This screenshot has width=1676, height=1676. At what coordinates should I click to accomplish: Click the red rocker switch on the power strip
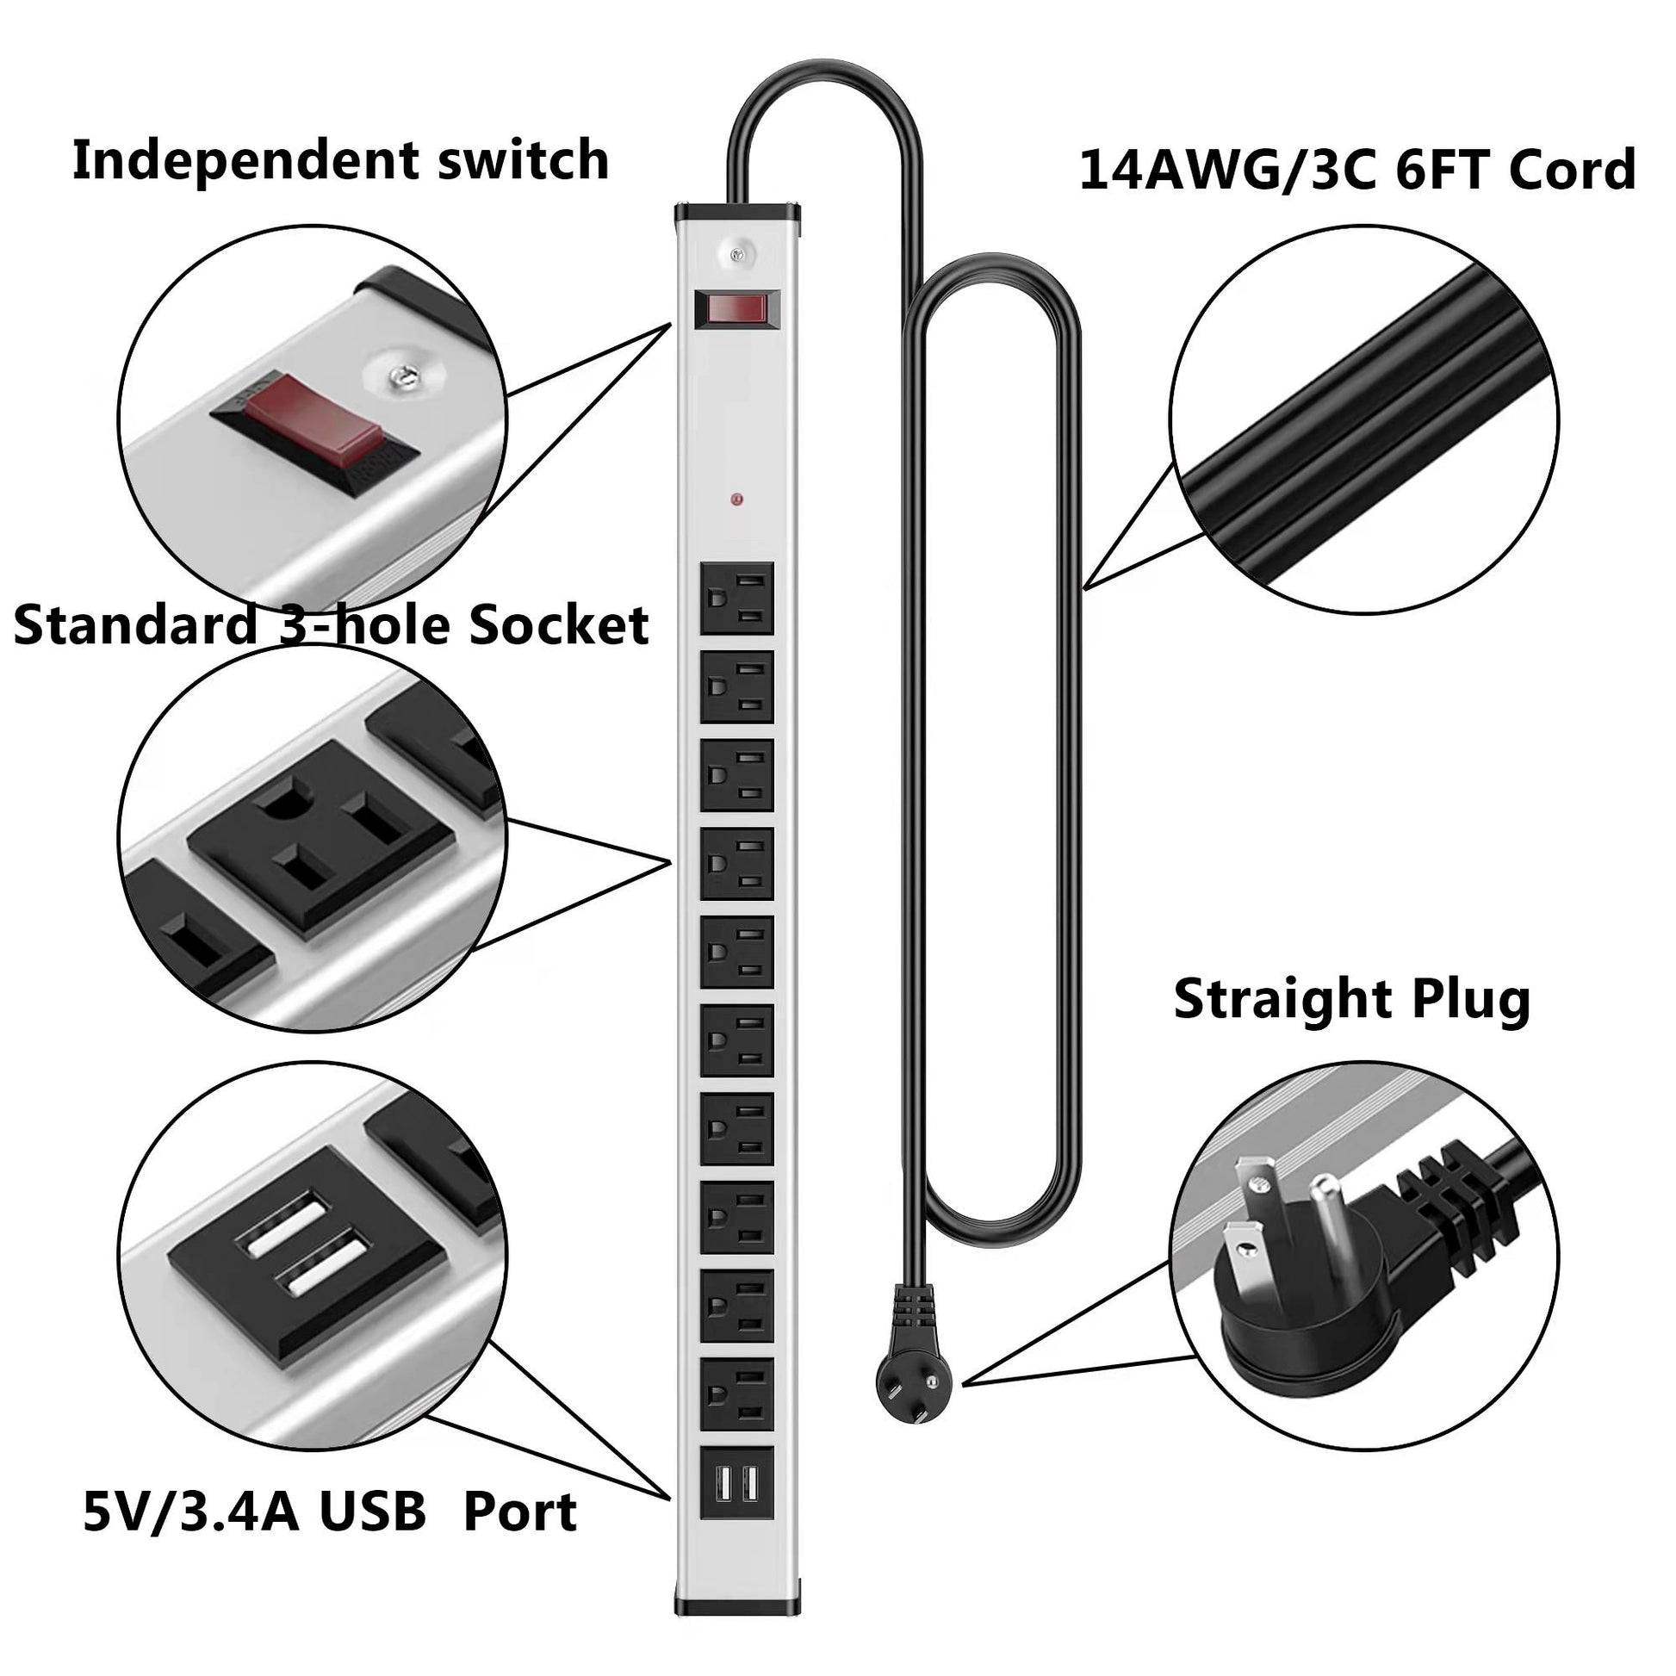point(736,308)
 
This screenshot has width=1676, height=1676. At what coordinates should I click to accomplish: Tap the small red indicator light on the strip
point(736,500)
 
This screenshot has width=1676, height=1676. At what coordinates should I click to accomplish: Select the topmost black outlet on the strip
point(736,599)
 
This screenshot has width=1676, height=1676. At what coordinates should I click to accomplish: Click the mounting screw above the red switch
point(736,254)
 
